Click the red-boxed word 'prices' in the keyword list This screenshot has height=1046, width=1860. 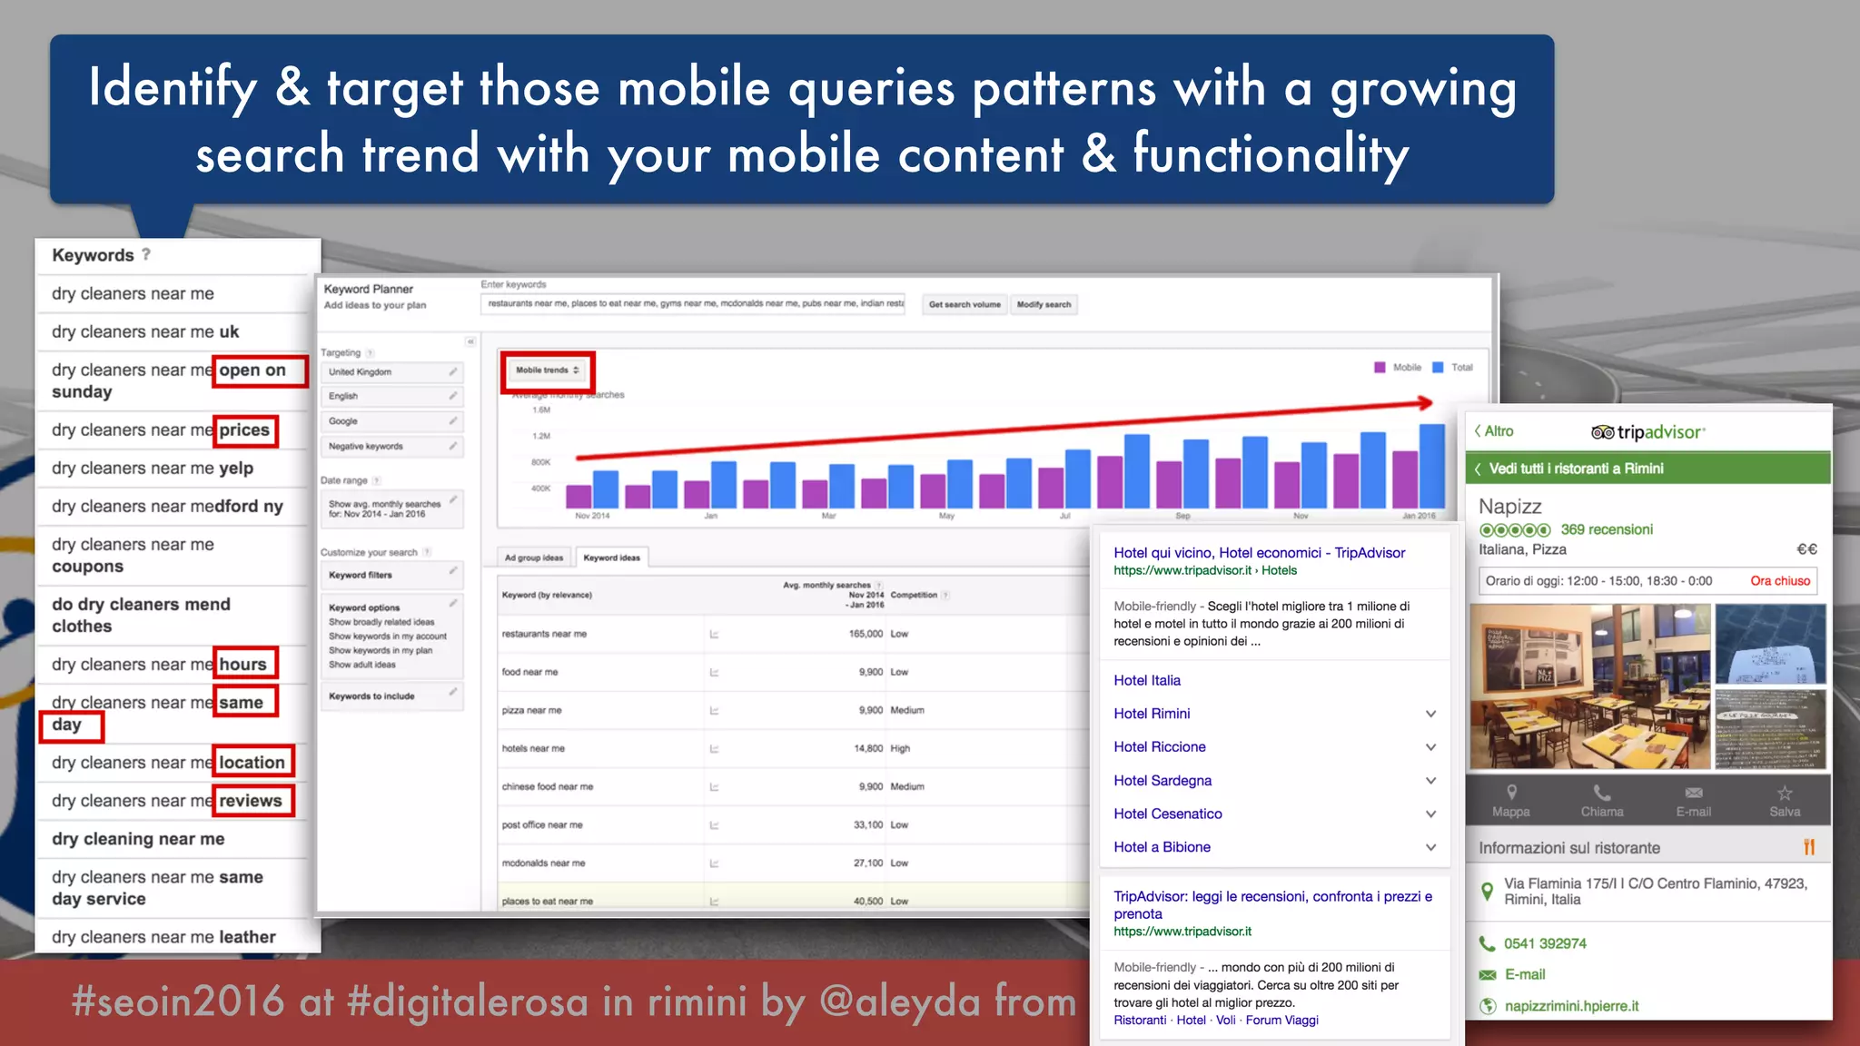(244, 430)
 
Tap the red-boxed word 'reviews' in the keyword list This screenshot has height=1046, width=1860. (251, 801)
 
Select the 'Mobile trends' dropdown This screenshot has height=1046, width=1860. (548, 370)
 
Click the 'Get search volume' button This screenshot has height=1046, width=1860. (965, 305)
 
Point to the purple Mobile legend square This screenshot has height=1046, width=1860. (1380, 368)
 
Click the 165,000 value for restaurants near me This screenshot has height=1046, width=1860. (866, 634)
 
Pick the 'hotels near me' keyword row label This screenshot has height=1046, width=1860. (533, 749)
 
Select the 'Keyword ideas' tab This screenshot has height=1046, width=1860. (611, 558)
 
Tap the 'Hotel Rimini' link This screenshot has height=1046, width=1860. (1152, 714)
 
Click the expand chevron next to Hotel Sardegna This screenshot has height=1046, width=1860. (1430, 781)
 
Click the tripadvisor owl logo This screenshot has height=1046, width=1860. (1602, 432)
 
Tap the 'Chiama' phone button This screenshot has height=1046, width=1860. (1602, 800)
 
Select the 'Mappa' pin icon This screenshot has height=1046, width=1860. (1511, 793)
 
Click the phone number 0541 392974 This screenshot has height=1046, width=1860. (1545, 943)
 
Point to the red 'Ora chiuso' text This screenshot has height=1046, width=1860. (1780, 581)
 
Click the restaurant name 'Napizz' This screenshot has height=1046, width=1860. (1510, 507)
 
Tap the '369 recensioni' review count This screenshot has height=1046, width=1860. (1607, 530)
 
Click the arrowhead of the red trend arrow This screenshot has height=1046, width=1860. (1426, 402)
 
